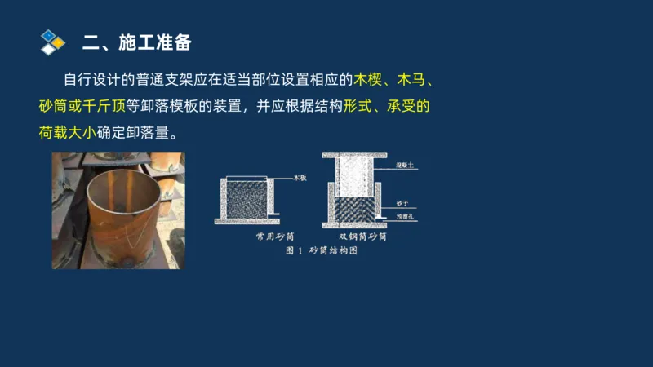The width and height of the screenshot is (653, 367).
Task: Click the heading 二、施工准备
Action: [137, 42]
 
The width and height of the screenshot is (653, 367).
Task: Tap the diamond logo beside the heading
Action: [52, 42]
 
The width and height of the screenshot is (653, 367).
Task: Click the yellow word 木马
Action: [411, 80]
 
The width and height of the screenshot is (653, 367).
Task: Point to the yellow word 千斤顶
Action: [104, 106]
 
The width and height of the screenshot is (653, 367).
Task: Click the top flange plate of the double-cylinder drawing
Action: [353, 155]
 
